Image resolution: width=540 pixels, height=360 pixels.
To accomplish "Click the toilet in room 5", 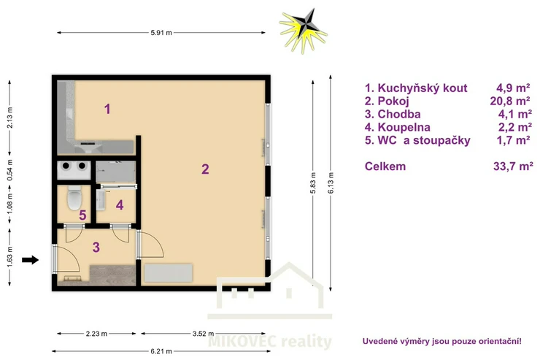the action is click(74, 198).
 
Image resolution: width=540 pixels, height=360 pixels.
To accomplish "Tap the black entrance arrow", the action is click(31, 260).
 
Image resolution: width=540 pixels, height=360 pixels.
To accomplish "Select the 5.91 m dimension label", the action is click(161, 33).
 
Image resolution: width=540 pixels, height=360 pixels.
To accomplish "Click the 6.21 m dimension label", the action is click(161, 351).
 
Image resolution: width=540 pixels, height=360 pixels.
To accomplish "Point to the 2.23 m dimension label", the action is click(96, 334).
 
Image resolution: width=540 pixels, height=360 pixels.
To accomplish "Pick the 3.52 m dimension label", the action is click(203, 334).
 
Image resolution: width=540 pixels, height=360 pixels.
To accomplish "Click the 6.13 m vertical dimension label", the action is click(331, 183).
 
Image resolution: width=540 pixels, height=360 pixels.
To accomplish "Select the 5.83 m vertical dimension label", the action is click(313, 183).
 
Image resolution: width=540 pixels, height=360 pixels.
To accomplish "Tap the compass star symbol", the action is click(304, 31).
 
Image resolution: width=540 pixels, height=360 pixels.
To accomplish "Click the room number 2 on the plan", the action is click(205, 169).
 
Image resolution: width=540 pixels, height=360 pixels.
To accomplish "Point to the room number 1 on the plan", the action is click(107, 109).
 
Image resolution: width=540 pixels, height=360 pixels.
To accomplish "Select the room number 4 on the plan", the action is click(120, 205).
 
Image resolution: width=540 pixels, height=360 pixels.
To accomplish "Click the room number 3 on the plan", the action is click(96, 247).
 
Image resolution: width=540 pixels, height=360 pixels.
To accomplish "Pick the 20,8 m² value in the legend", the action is click(510, 101).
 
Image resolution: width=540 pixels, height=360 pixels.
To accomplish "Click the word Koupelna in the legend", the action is click(404, 127).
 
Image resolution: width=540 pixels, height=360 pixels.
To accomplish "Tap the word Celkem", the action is click(385, 166).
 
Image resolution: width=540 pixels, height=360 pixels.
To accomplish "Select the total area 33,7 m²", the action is click(513, 166).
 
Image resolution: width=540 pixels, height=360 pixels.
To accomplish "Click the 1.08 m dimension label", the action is click(9, 203).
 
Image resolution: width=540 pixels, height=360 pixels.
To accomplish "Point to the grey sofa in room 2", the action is click(168, 273).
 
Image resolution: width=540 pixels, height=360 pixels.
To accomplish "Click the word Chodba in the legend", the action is click(399, 114).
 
